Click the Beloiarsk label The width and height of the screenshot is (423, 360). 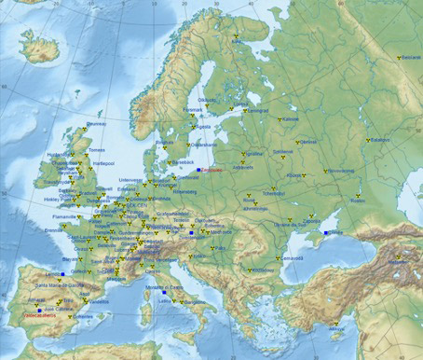pyautogui.click(x=411, y=57)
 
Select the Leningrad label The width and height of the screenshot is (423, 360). pyautogui.click(x=257, y=110)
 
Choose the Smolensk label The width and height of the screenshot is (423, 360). pyautogui.click(x=283, y=151)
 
